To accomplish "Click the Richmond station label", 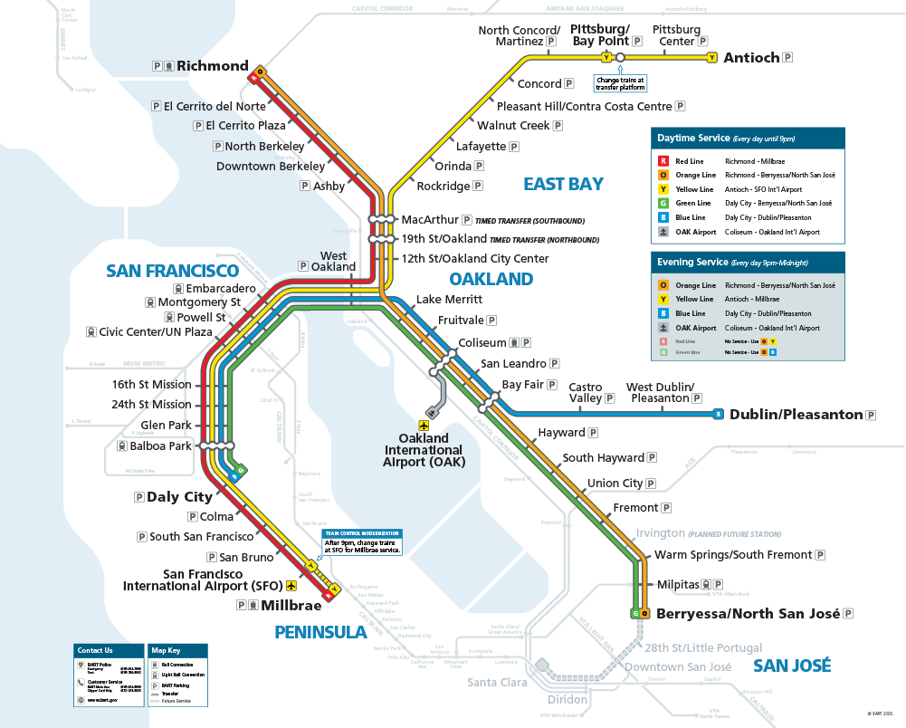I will point(212,66).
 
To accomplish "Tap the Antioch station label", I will point(751,58).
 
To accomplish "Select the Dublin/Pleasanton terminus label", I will point(796,415).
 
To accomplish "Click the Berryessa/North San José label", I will point(748,614).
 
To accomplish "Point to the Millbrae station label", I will point(287,605).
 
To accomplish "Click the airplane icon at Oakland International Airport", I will point(423,425).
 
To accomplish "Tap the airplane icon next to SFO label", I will point(291,586).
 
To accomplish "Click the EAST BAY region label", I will point(563,185).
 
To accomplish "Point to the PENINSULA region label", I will point(320,632).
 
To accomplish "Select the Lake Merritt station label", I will point(449,300).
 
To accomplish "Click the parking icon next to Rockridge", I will point(478,187).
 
